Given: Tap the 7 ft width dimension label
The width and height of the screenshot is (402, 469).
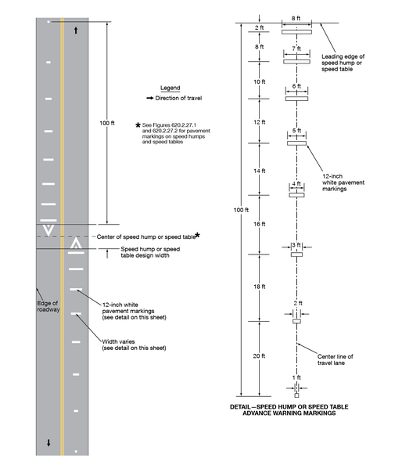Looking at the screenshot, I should pyautogui.click(x=296, y=49).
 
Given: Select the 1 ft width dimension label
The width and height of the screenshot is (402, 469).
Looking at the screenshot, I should pyautogui.click(x=296, y=377).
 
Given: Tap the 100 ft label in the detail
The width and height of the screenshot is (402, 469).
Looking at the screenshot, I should pyautogui.click(x=241, y=210).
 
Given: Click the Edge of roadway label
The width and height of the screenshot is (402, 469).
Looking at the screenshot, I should pyautogui.click(x=48, y=305).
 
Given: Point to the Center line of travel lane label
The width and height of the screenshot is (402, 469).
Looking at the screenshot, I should pyautogui.click(x=337, y=357).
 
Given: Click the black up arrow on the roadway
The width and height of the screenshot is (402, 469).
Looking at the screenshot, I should pyautogui.click(x=76, y=31).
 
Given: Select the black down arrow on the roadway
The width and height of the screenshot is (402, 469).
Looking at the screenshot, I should pyautogui.click(x=48, y=442).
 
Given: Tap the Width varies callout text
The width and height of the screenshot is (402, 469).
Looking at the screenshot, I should pyautogui.click(x=129, y=344).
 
